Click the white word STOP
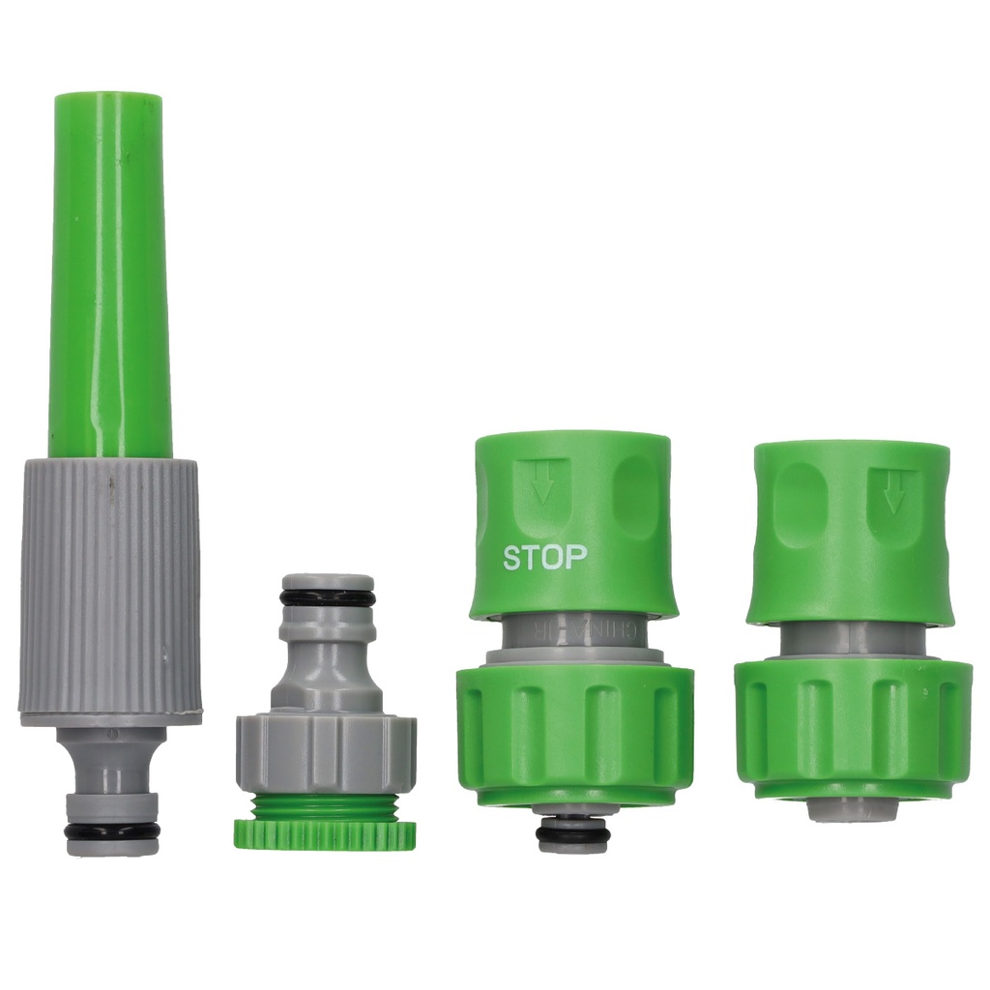[544, 558]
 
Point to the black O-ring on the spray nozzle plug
[112, 830]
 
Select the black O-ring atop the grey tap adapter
[327, 597]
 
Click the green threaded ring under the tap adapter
[325, 832]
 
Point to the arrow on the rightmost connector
[893, 491]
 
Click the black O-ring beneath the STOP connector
[573, 829]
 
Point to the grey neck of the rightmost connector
[846, 638]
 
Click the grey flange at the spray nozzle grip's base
[110, 717]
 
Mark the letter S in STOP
[512, 558]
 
